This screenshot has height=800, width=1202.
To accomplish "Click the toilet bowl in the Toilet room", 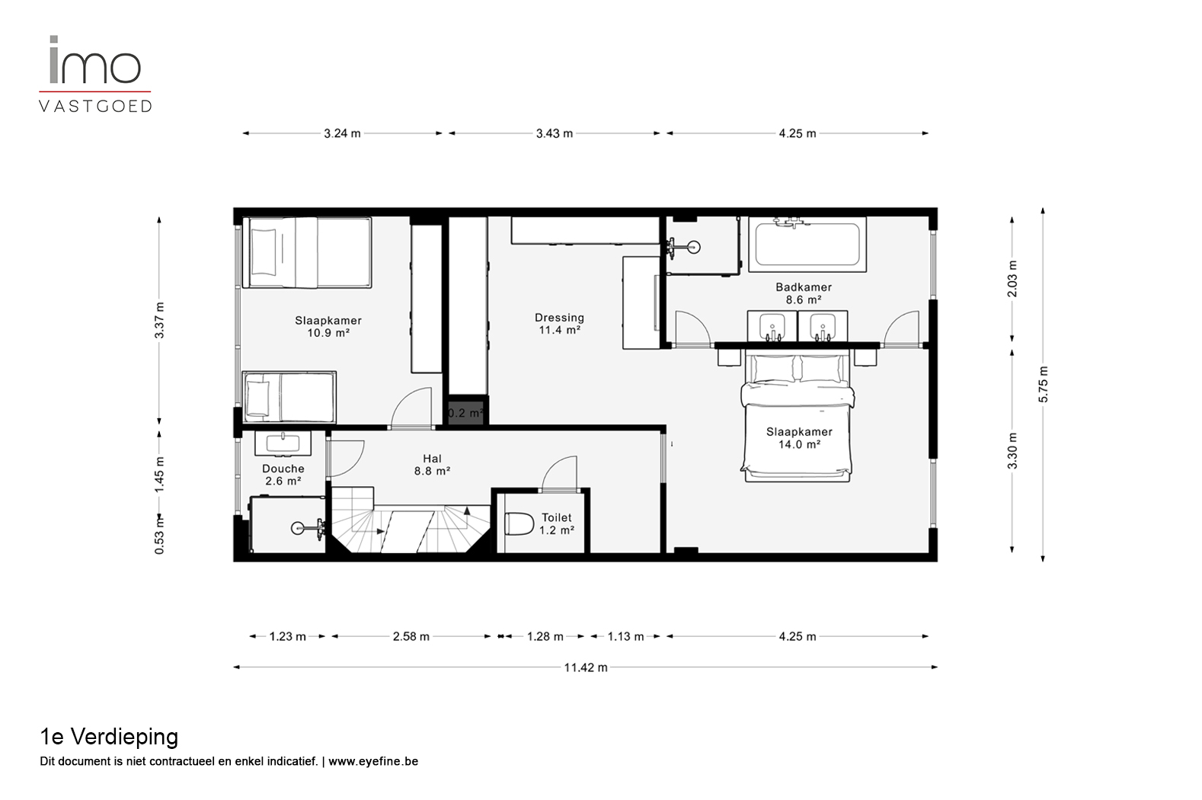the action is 519,524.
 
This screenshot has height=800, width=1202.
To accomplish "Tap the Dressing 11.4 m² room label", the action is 559,324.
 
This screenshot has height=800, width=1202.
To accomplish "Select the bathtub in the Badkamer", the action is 807,245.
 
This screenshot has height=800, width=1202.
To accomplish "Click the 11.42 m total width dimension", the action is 586,667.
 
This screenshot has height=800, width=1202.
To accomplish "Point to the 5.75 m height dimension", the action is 1043,385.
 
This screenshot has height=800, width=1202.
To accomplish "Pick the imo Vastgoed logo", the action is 95,74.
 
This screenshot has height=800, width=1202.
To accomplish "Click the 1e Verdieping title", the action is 109,738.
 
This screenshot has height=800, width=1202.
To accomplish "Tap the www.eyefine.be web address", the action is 373,761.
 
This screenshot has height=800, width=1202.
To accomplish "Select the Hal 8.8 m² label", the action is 432,465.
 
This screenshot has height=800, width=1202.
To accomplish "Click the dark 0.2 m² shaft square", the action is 465,412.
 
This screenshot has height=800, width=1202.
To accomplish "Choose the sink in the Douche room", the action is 283,443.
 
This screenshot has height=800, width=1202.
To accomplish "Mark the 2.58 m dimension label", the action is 411,637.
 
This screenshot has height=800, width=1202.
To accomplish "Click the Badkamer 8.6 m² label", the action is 804,293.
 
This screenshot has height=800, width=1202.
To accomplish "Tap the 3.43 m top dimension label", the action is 555,133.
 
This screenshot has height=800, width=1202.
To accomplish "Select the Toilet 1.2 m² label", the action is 557,523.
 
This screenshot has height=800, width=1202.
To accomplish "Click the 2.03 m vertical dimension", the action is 1012,279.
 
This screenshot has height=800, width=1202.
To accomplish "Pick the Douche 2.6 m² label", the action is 283,475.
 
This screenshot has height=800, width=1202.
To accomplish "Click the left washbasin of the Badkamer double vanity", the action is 772,326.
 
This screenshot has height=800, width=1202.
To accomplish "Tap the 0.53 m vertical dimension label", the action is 159,535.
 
